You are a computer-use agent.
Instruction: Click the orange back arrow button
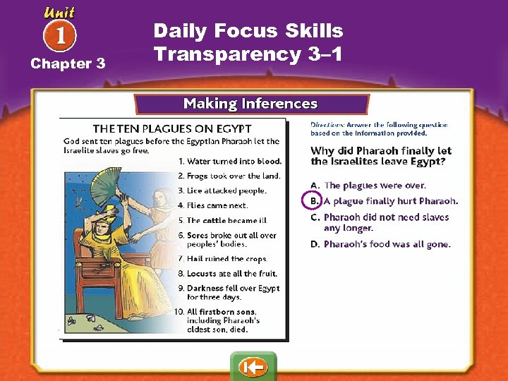(x=253, y=368)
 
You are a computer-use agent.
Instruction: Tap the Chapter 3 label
(x=68, y=64)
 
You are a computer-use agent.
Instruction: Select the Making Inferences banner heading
(x=250, y=104)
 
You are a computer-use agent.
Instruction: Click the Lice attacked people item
(x=226, y=190)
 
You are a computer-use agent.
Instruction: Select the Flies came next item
(x=217, y=205)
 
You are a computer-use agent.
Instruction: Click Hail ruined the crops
(x=226, y=259)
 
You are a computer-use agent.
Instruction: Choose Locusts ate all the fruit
(x=231, y=274)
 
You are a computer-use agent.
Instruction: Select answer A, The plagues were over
(x=374, y=186)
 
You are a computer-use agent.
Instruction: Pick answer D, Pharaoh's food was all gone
(x=387, y=245)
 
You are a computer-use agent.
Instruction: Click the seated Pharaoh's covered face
(x=113, y=219)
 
